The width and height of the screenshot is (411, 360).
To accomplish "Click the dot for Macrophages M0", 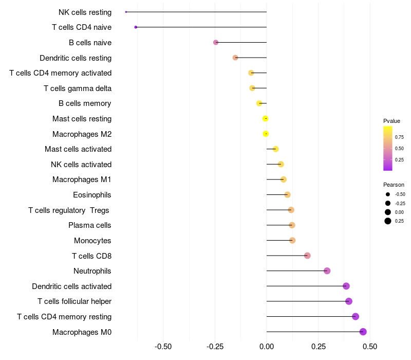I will pos(363,332).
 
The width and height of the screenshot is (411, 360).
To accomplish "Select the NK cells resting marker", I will pos(126,12).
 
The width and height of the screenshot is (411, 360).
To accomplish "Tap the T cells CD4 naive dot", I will pos(136,27).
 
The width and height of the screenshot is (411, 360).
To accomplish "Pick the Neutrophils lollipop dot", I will pos(327,271).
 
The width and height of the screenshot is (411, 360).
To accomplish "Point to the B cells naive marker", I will pos(216,42).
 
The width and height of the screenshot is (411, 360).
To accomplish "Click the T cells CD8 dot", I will pos(307,256).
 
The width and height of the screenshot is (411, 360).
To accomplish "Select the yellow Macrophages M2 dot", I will pos(266,134).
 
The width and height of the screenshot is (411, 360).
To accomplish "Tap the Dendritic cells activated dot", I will pos(346,286).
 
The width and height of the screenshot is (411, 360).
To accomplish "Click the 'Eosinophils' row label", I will pos(92,195).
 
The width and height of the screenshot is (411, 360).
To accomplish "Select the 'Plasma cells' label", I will pos(90,225).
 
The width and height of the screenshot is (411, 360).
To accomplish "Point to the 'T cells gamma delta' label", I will pos(78,88).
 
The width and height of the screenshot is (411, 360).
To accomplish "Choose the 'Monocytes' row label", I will pos(92,241).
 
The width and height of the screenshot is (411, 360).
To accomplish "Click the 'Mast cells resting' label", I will pos(82,119).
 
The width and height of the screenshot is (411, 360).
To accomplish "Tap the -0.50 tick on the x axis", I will pos(163,346).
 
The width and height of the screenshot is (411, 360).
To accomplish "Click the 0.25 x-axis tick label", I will pos(318,346).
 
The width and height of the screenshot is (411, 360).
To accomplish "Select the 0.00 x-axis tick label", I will pos(267,346).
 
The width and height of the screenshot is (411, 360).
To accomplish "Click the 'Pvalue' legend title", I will pos(391,121).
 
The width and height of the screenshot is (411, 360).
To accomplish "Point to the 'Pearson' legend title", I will pos(394,185).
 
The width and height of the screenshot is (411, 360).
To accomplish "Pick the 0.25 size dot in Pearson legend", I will pos(388,221).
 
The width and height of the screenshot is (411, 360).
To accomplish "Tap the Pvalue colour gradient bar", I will pos(388,148).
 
